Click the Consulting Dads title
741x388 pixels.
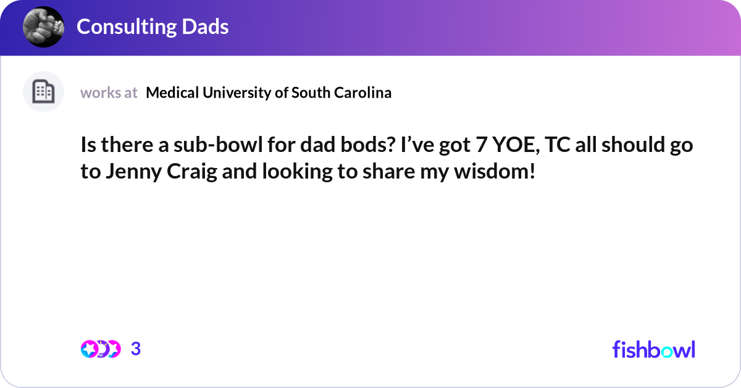[153, 27]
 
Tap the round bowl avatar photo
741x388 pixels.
[43, 27]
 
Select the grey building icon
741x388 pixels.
[43, 92]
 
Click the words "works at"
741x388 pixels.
[109, 93]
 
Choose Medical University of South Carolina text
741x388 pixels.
[269, 93]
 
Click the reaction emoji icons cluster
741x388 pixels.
[101, 349]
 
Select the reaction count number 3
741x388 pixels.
[136, 349]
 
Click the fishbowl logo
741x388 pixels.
[653, 349]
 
